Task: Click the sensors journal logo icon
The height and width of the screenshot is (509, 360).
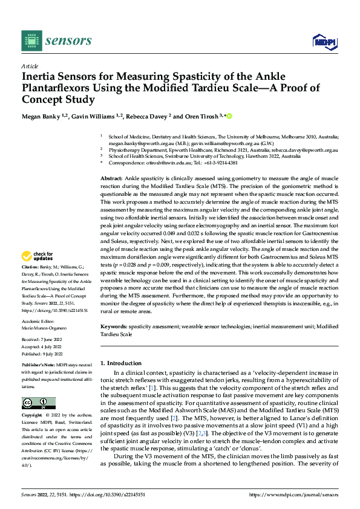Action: (x=29, y=40)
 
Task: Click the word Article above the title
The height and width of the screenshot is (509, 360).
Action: (x=30, y=66)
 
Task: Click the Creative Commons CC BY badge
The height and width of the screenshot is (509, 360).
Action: (x=38, y=403)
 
